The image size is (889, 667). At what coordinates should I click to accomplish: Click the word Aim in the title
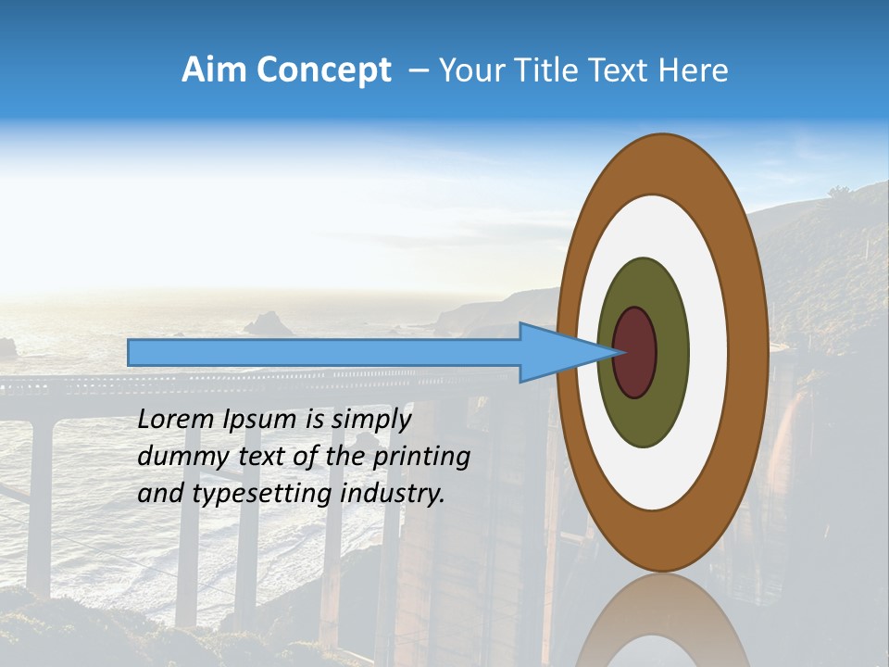coord(214,70)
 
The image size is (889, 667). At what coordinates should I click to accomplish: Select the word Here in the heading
coord(694,70)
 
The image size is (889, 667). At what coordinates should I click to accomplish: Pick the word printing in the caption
coord(427,457)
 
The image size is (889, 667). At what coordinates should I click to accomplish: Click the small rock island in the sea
coord(269,323)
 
